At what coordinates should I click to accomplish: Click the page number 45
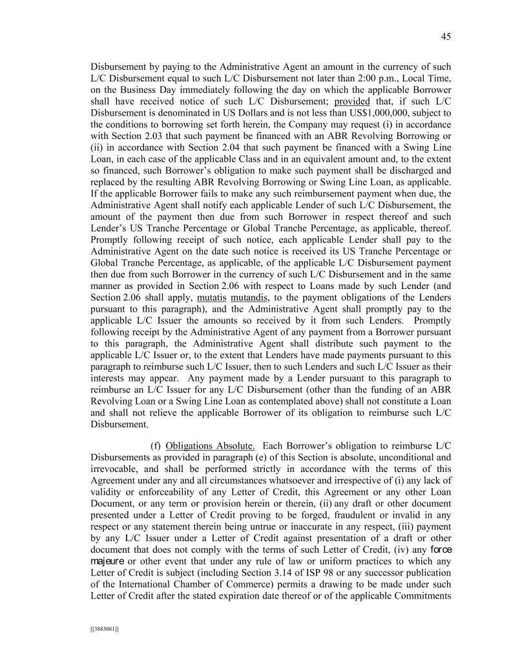click(x=446, y=37)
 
